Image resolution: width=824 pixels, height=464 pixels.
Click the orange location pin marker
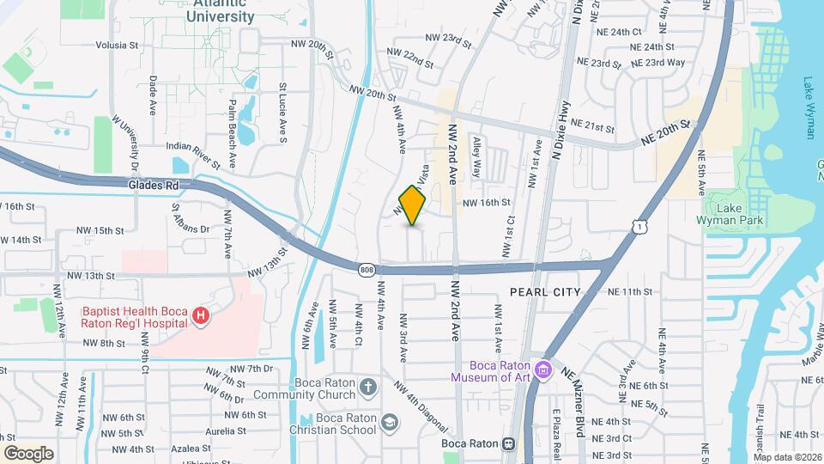click(413, 205)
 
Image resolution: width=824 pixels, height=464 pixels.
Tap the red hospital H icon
click(201, 317)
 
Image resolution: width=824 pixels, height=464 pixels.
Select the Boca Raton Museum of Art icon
click(542, 369)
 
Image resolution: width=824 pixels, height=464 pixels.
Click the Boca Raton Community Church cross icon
click(368, 387)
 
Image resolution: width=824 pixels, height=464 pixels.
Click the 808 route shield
click(367, 269)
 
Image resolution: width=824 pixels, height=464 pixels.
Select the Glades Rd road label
click(152, 184)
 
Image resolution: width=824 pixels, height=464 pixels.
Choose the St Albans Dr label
click(191, 217)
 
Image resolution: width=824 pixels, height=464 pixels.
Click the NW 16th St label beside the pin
click(487, 203)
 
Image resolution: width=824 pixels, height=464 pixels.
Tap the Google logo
click(29, 453)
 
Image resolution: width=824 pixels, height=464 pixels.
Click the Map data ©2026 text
click(787, 457)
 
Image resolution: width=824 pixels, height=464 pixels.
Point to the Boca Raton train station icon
click(509, 443)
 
